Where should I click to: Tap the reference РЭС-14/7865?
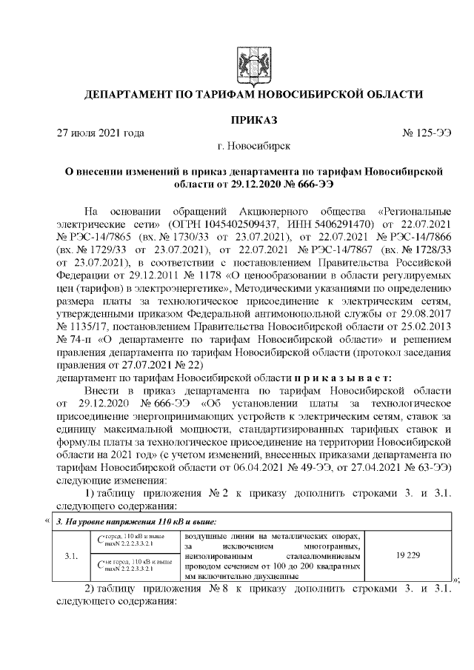pyautogui.click(x=101, y=235)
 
